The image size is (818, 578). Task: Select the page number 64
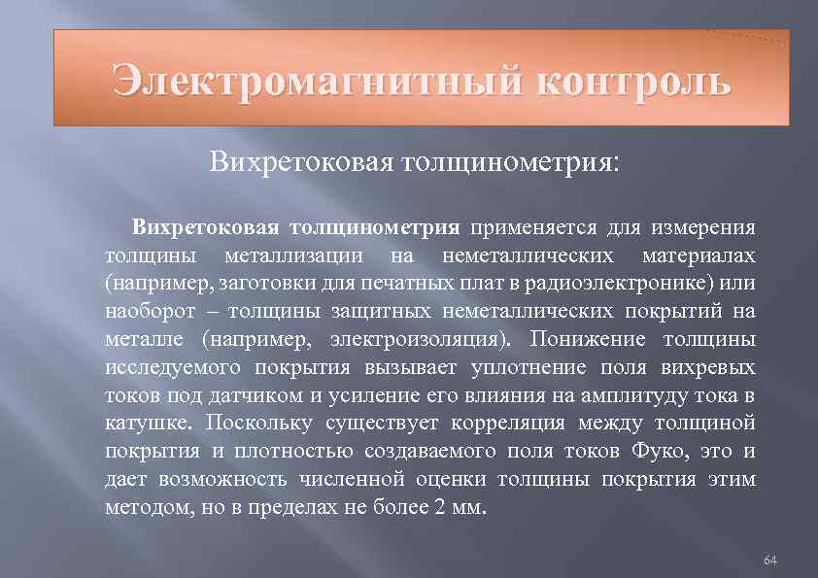coord(771,561)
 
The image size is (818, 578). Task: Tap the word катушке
coord(147,424)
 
